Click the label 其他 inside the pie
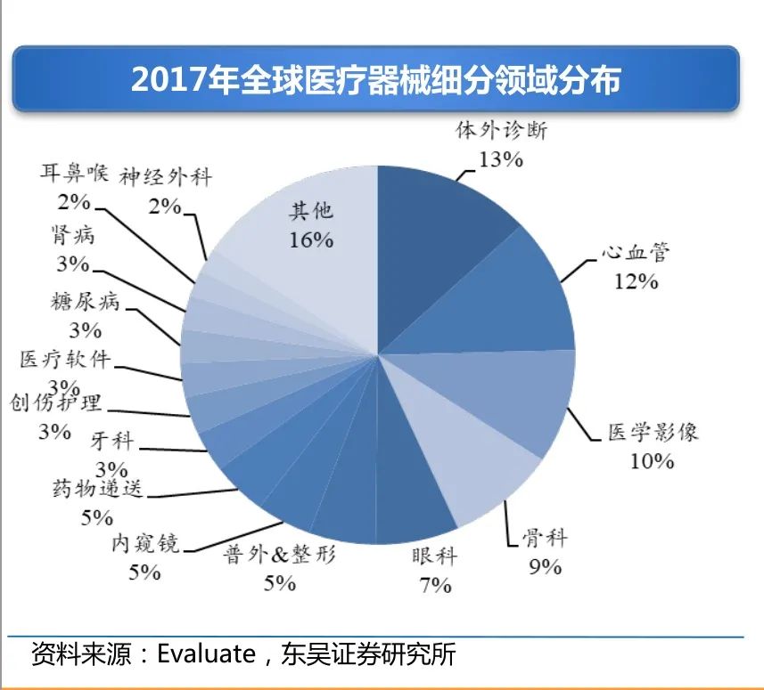point(310,210)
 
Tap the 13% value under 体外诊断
point(500,159)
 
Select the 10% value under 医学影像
point(652,461)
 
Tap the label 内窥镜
point(145,543)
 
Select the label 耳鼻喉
point(74,171)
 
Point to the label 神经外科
point(166,175)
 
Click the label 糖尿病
point(85,302)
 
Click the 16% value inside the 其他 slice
point(310,239)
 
